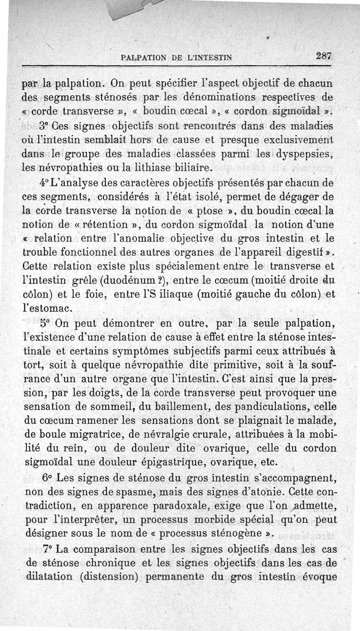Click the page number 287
point(324,56)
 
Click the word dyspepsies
point(301,154)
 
